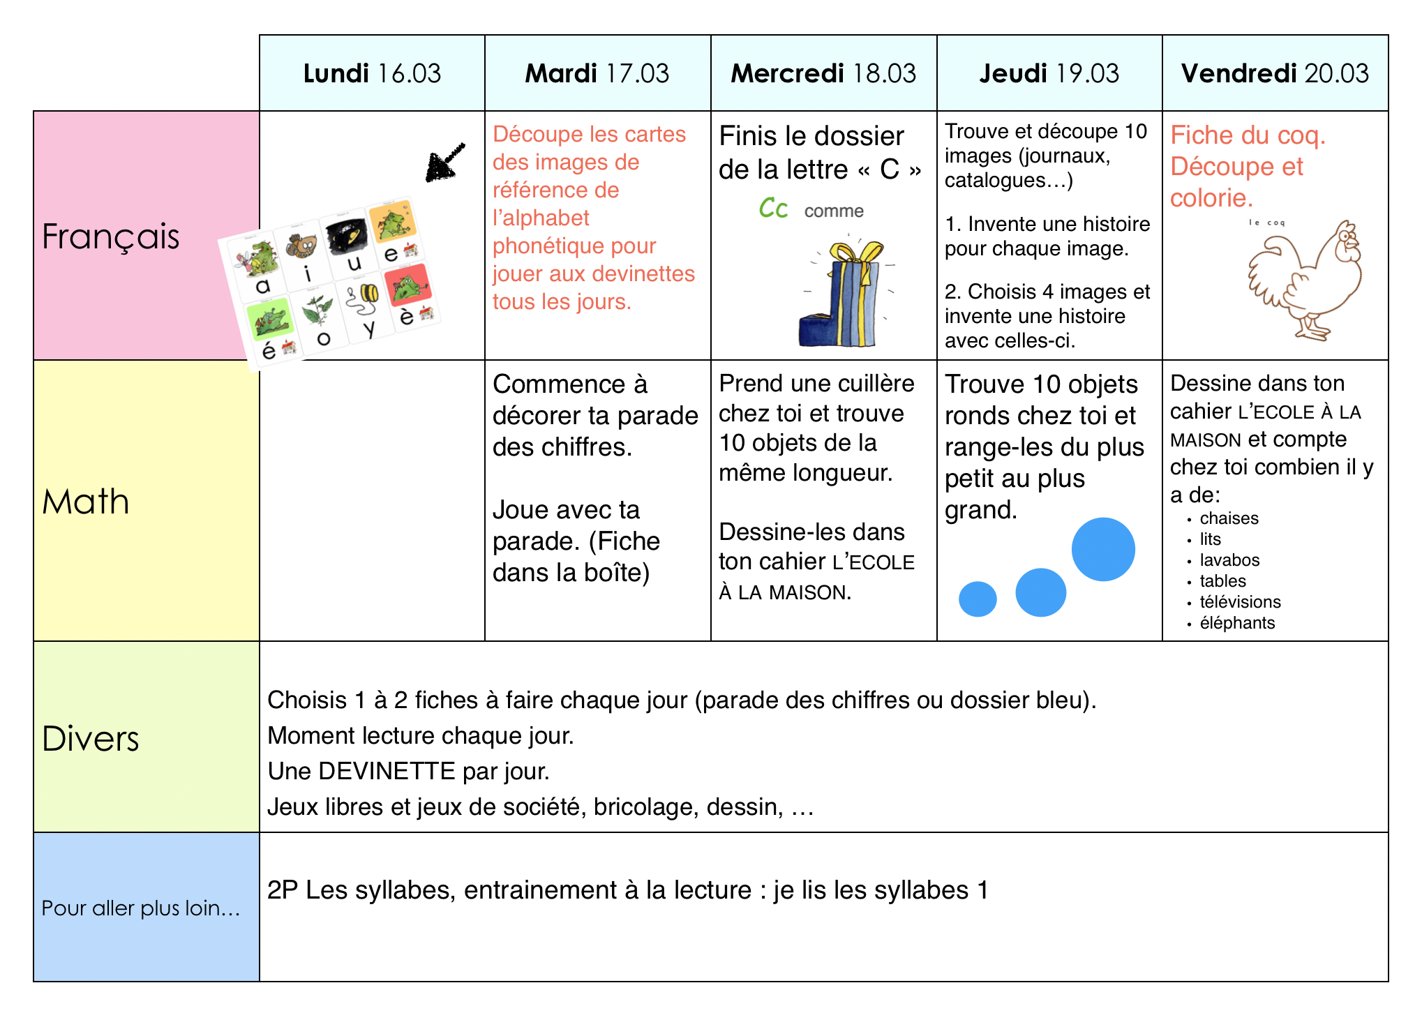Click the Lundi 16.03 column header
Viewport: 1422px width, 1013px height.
pos(372,73)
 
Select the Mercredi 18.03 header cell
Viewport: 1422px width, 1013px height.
pos(823,73)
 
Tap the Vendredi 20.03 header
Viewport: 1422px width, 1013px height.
pos(1275,73)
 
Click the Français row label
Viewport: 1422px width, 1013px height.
pos(110,236)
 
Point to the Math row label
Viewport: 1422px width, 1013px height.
pos(86,502)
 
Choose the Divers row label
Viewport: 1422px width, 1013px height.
pos(91,738)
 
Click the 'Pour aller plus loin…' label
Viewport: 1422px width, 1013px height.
pos(140,908)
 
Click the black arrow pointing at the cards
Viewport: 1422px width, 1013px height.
pos(444,163)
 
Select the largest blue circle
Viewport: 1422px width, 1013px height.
pos(1103,549)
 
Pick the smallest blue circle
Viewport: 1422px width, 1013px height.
pos(978,599)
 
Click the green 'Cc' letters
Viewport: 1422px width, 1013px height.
pos(773,209)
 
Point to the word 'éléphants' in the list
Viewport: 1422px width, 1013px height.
pos(1237,623)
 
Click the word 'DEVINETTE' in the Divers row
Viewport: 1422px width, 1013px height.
pos(387,772)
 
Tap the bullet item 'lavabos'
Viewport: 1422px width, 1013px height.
pos(1229,560)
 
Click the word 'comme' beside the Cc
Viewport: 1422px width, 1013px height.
pos(834,211)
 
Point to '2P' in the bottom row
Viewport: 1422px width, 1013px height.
pos(283,890)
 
